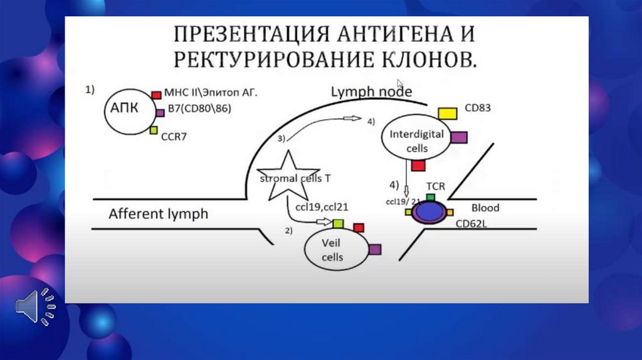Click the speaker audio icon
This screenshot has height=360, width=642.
34,307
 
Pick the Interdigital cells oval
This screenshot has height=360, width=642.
417,141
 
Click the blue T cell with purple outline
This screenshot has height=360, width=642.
429,211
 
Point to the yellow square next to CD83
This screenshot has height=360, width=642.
447,113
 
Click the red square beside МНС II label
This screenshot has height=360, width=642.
157,93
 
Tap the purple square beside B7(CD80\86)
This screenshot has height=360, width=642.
160,112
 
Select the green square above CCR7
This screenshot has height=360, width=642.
154,130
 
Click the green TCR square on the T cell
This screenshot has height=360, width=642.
431,197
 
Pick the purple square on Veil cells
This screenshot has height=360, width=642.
375,249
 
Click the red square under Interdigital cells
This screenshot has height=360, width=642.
418,165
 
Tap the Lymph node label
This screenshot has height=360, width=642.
371,92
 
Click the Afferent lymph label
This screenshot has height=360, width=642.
158,214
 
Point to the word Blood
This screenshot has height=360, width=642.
485,208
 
